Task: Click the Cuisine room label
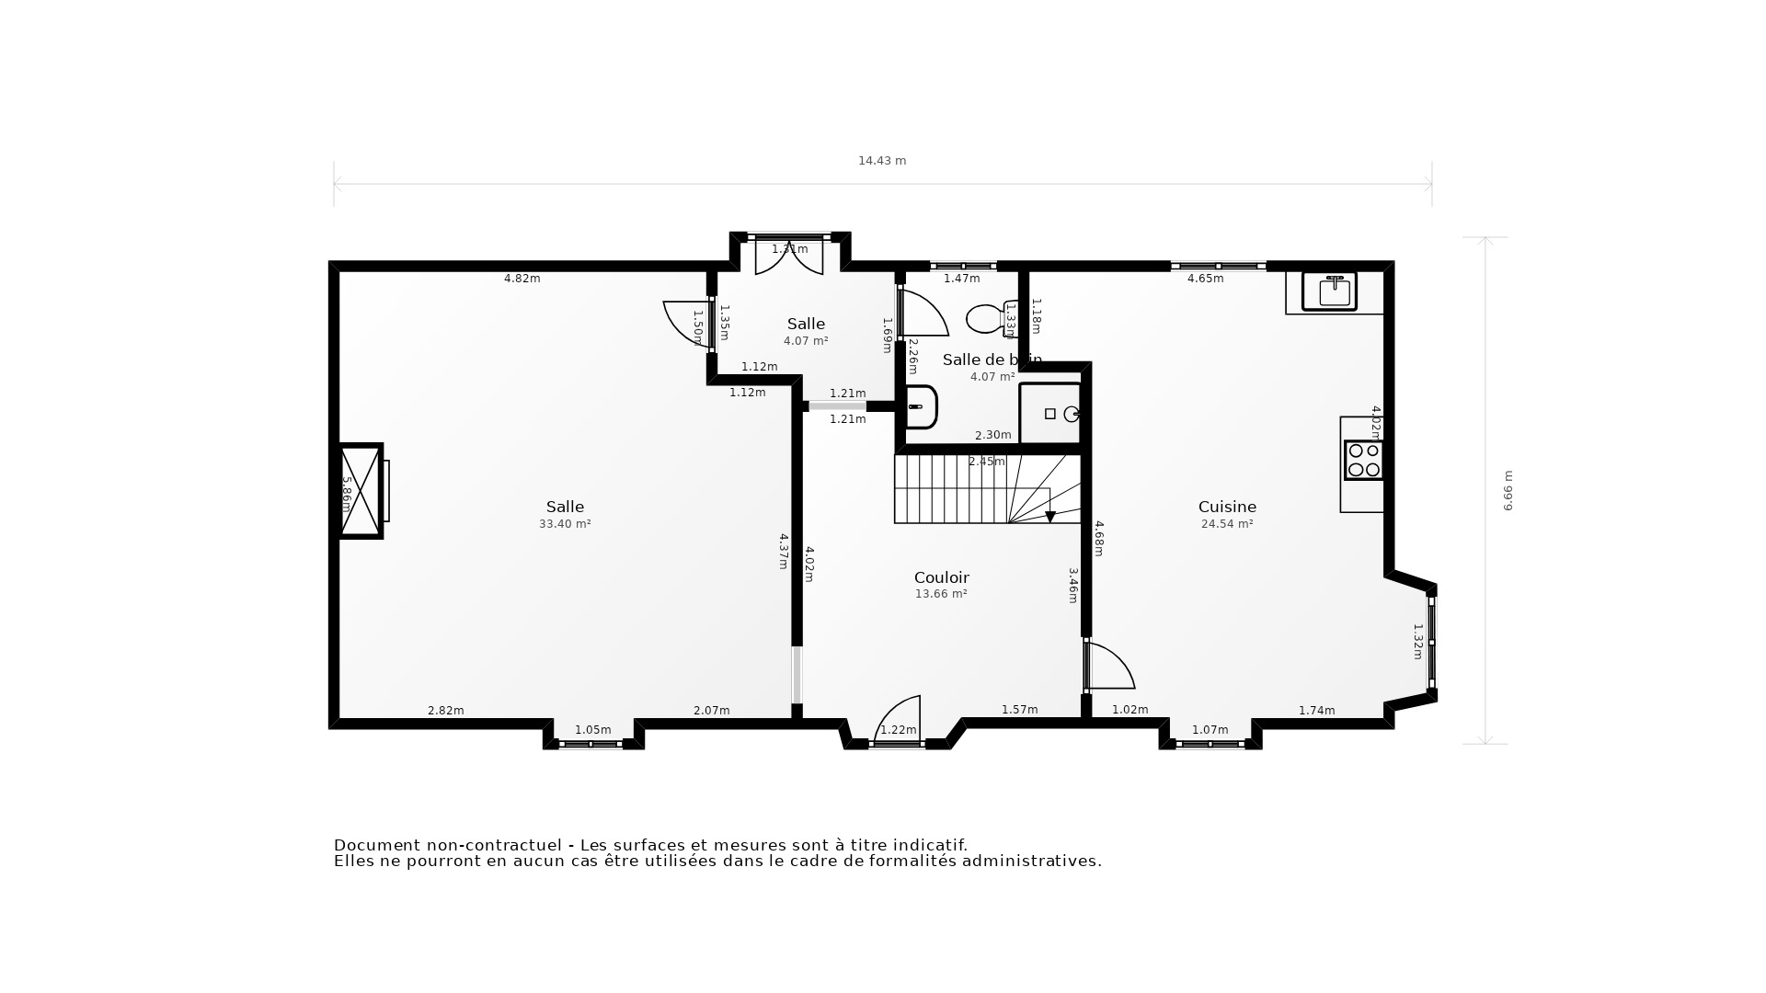1227,507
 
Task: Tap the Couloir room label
941,577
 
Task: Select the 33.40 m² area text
565,524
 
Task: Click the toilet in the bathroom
987,318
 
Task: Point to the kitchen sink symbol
1329,291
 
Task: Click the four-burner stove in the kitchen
1363,460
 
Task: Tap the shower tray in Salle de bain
1049,414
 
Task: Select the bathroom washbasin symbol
920,406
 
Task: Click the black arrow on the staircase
1049,517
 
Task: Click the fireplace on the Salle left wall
361,491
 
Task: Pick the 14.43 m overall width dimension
882,161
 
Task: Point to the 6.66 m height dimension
1508,491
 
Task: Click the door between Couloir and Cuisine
1108,667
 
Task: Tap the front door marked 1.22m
898,719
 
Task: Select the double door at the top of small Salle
789,257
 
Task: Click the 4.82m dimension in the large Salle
522,279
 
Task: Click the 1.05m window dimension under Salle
592,730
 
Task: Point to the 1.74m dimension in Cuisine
1316,711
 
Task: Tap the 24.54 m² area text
1227,524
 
